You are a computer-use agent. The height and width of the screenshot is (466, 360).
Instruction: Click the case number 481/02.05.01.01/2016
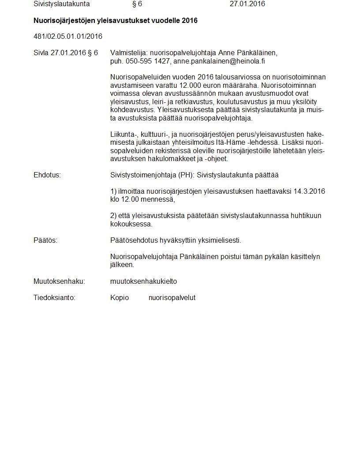[68, 36]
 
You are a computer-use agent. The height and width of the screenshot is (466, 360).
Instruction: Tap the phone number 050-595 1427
[147, 61]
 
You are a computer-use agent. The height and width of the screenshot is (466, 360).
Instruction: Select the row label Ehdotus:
[47, 175]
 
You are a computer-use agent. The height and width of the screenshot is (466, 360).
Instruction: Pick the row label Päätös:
[45, 240]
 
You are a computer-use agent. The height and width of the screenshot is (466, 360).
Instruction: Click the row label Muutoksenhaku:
[59, 281]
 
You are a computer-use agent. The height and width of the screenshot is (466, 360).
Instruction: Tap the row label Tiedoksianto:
[55, 297]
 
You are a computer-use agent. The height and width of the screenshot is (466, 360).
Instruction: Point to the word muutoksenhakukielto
[143, 281]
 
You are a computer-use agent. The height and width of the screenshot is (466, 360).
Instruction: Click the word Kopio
[120, 297]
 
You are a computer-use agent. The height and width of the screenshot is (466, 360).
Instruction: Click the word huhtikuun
[307, 216]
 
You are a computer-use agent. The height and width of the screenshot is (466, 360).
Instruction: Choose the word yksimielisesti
[219, 240]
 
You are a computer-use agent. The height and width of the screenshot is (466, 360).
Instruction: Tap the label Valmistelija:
[129, 53]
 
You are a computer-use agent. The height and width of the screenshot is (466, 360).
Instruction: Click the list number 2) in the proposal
[113, 216]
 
